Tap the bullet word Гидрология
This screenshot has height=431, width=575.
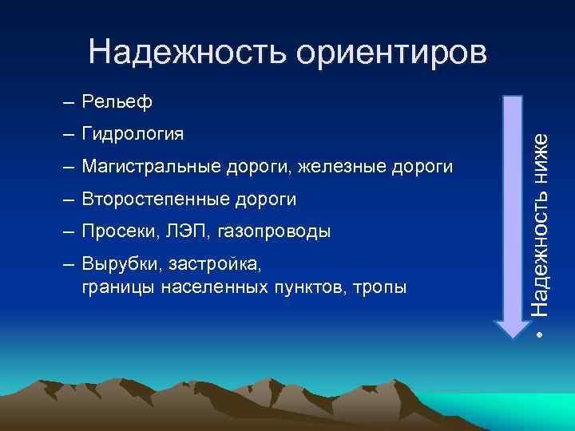133,133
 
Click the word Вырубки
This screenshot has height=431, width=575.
117,264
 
